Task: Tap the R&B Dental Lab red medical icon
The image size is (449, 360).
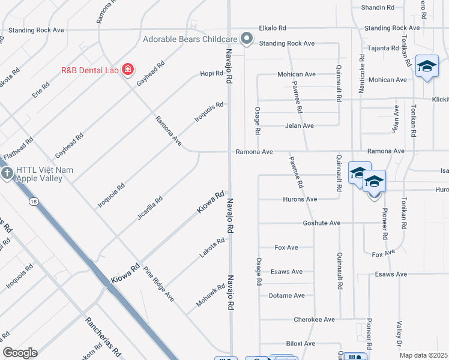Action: pos(127,70)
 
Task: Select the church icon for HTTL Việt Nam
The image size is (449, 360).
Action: pos(7,174)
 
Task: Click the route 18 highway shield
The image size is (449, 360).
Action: pos(34,202)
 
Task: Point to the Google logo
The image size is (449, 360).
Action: pos(20,353)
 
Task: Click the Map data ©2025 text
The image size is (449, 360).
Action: pos(424,355)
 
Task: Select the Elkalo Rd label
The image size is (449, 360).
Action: pos(273,28)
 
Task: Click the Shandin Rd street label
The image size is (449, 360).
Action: pos(377,8)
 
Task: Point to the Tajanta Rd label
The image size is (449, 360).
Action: pos(383,48)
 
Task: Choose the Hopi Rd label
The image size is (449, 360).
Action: pos(212,74)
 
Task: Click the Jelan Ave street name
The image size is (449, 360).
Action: pos(299,126)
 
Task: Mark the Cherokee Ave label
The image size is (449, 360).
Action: pos(314,320)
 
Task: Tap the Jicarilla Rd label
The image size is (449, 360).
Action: pos(149,208)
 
